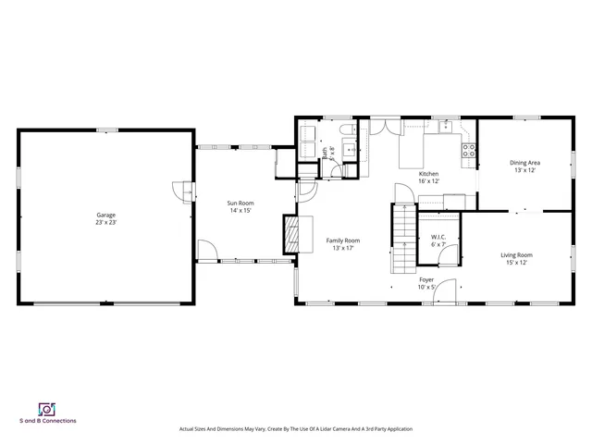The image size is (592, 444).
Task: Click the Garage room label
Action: click(105, 215)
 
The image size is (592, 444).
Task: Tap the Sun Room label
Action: click(240, 203)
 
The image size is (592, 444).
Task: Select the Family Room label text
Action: click(342, 240)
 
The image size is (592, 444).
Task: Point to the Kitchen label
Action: click(428, 174)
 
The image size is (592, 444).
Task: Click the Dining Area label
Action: click(525, 163)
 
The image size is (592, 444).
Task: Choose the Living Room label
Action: click(517, 255)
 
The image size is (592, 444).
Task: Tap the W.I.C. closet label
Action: click(438, 238)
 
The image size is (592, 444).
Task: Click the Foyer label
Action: click(426, 279)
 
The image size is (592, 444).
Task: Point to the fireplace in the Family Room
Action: click(291, 233)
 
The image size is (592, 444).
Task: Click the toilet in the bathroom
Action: click(344, 131)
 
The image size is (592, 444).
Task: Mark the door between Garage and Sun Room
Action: click(187, 191)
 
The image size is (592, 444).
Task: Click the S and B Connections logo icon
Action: click(43, 408)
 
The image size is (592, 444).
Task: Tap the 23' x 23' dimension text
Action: click(105, 223)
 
